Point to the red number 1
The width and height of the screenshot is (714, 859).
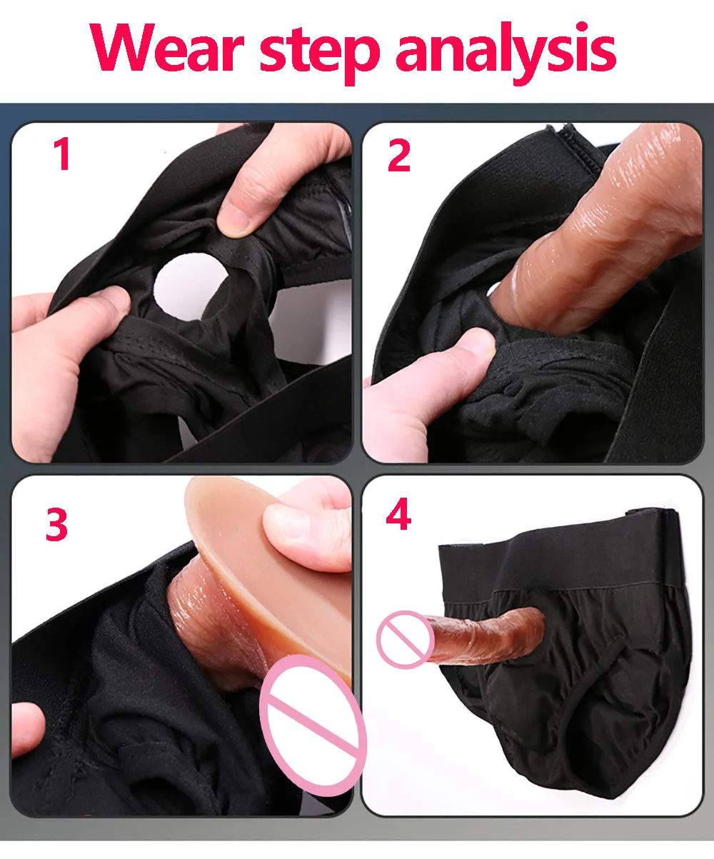point(63,155)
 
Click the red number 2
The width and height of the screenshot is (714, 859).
point(399,156)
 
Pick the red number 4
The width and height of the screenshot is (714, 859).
point(398,515)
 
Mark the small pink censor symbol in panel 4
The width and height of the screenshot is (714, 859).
point(405,639)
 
